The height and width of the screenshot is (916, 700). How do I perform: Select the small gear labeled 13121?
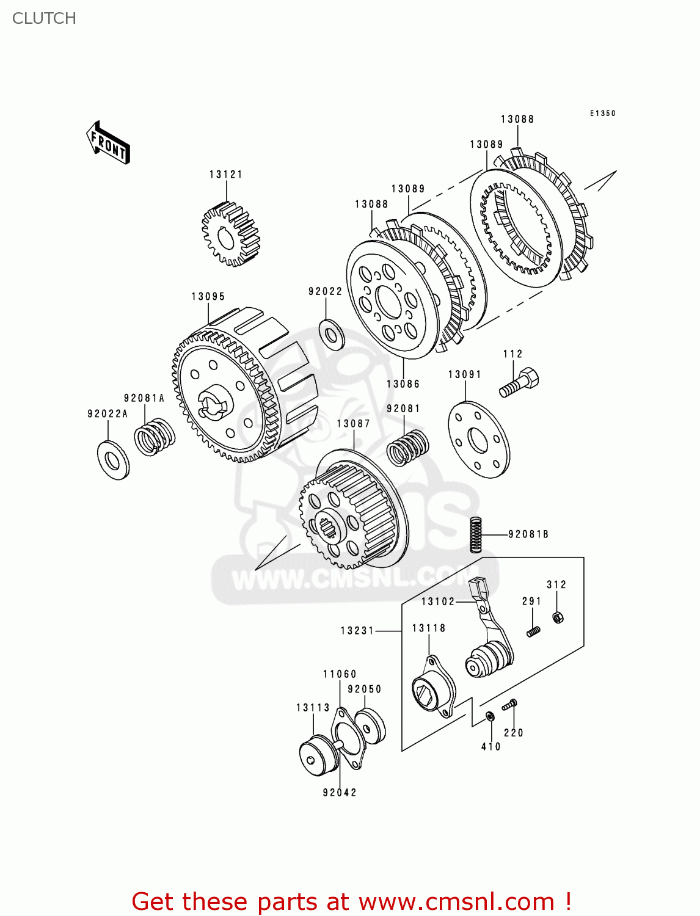tap(230, 236)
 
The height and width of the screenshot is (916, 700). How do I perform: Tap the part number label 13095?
tap(208, 297)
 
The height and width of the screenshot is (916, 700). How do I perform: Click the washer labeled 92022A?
tap(113, 459)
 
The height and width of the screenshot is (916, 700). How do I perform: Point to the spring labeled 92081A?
tap(155, 436)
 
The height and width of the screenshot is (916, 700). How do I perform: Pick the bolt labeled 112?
tap(520, 381)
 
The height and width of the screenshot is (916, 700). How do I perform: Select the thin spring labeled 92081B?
tap(476, 534)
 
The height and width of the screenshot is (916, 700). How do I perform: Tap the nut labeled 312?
tap(557, 617)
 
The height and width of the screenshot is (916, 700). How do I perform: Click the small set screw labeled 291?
tap(533, 631)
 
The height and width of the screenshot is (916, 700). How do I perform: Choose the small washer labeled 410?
tap(490, 716)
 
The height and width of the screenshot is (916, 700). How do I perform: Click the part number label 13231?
tap(357, 631)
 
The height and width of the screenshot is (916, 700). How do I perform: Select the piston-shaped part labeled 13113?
tap(319, 757)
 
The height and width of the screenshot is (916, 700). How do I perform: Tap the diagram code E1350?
tap(602, 114)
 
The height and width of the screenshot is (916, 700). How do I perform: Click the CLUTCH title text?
tap(44, 18)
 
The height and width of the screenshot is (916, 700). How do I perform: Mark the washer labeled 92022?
tap(332, 335)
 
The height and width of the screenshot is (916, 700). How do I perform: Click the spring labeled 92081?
tap(407, 447)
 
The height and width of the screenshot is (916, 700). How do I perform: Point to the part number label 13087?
tap(353, 424)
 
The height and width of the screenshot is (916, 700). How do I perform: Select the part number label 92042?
tap(340, 793)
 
